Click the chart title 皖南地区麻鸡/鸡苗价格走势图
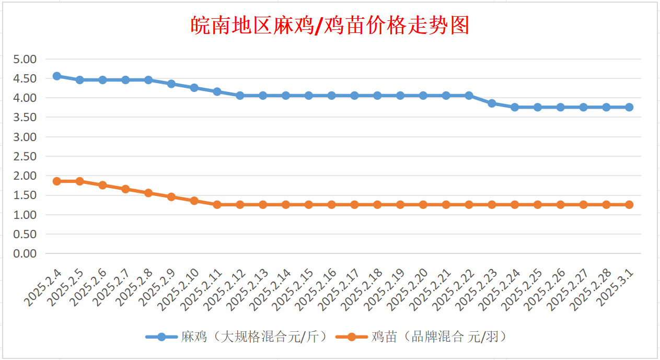[x=330, y=26]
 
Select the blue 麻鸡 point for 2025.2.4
[x=57, y=76]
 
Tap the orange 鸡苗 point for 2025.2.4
[x=57, y=181]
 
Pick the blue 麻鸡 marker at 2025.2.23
[x=492, y=103]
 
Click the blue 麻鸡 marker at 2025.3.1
[x=629, y=107]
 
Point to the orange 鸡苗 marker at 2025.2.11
[x=217, y=205]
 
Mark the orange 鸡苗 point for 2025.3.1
[x=629, y=205]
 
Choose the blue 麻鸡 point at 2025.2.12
[x=240, y=96]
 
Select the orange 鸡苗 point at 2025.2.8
[x=148, y=193]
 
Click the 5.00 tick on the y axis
[x=25, y=59]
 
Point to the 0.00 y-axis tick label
[x=25, y=253]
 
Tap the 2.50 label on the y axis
[x=25, y=156]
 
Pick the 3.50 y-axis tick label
[x=25, y=117]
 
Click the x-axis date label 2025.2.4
[x=43, y=288]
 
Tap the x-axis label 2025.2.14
[x=270, y=290]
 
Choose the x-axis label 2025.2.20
[x=407, y=290]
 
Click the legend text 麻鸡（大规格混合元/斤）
[x=254, y=336]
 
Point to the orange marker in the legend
[x=352, y=336]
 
